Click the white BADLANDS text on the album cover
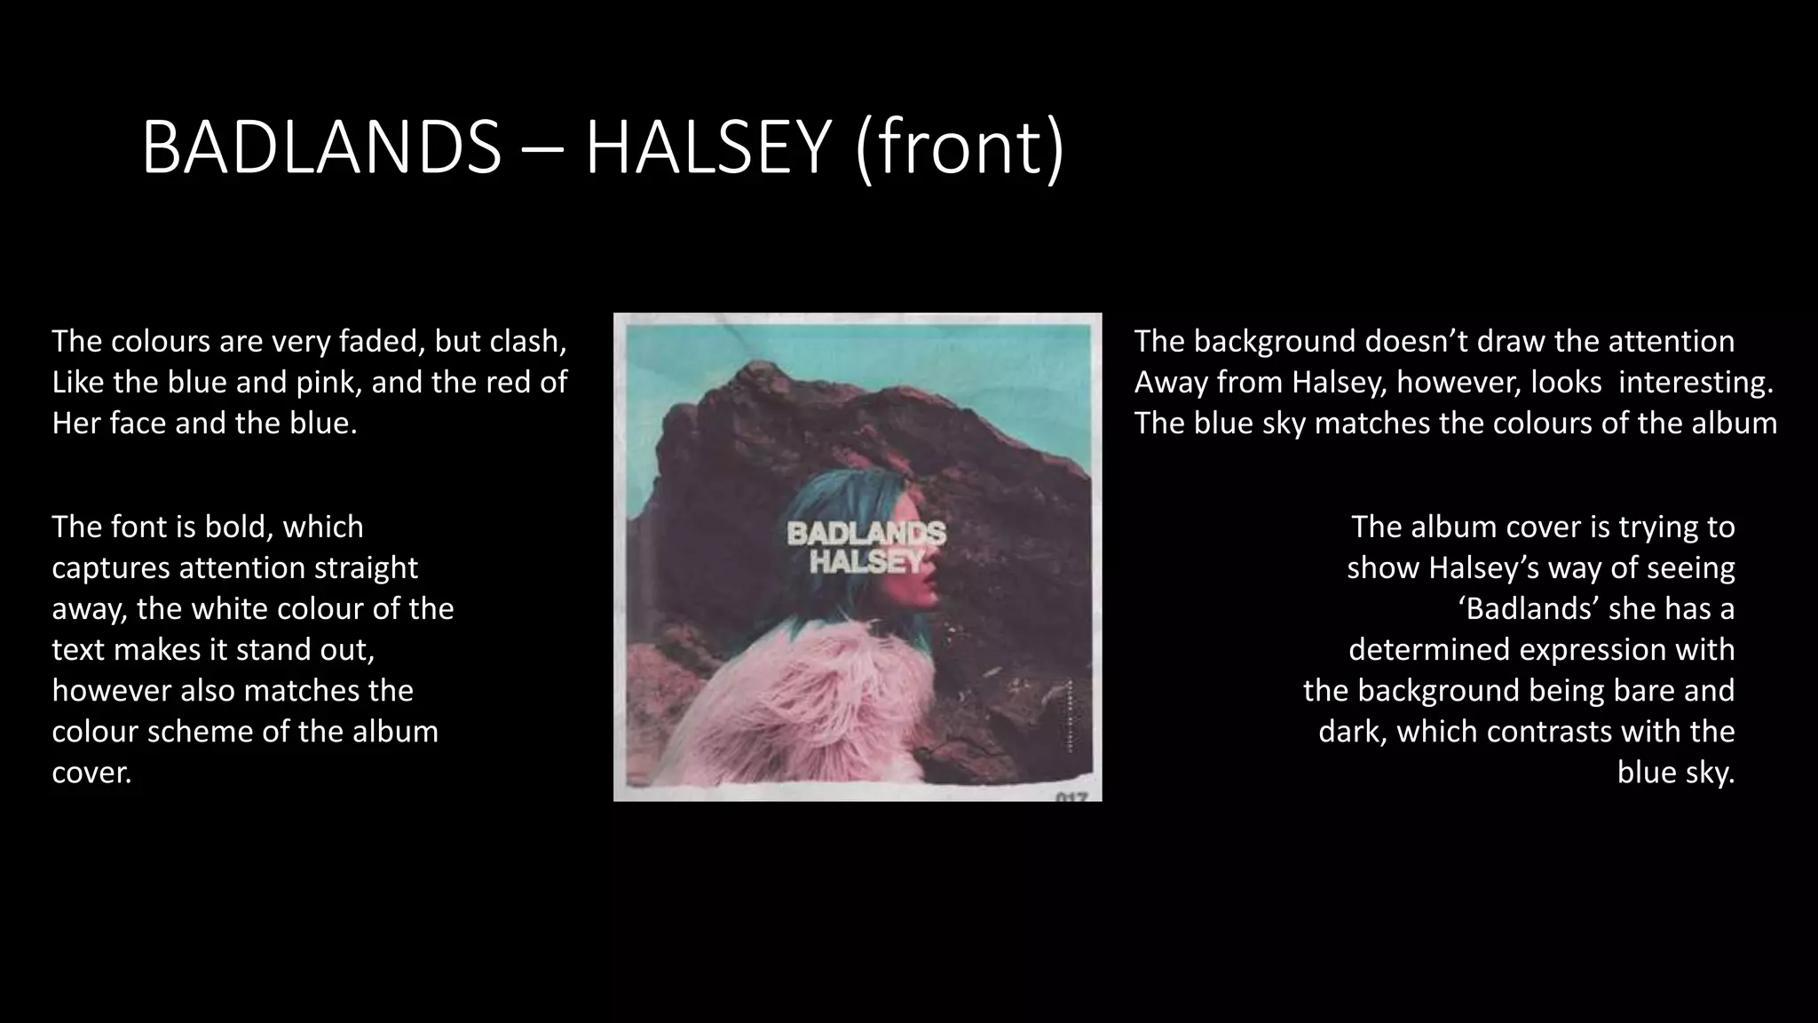[866, 534]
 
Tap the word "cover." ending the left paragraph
[91, 773]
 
